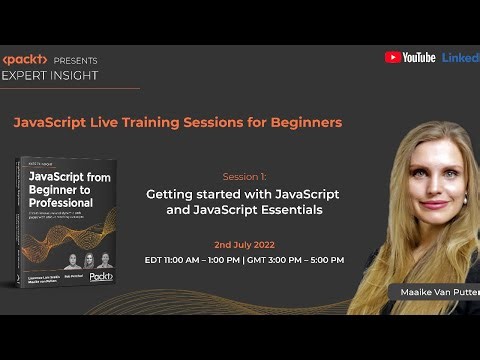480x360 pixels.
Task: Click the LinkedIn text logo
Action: coord(461,57)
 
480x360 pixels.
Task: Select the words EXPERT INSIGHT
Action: coord(50,75)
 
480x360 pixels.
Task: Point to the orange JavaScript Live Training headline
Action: coord(177,122)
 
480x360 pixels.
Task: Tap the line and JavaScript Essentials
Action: coord(244,210)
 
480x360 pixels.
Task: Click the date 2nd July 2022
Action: coord(244,243)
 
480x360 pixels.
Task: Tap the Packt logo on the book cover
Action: coord(100,277)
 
